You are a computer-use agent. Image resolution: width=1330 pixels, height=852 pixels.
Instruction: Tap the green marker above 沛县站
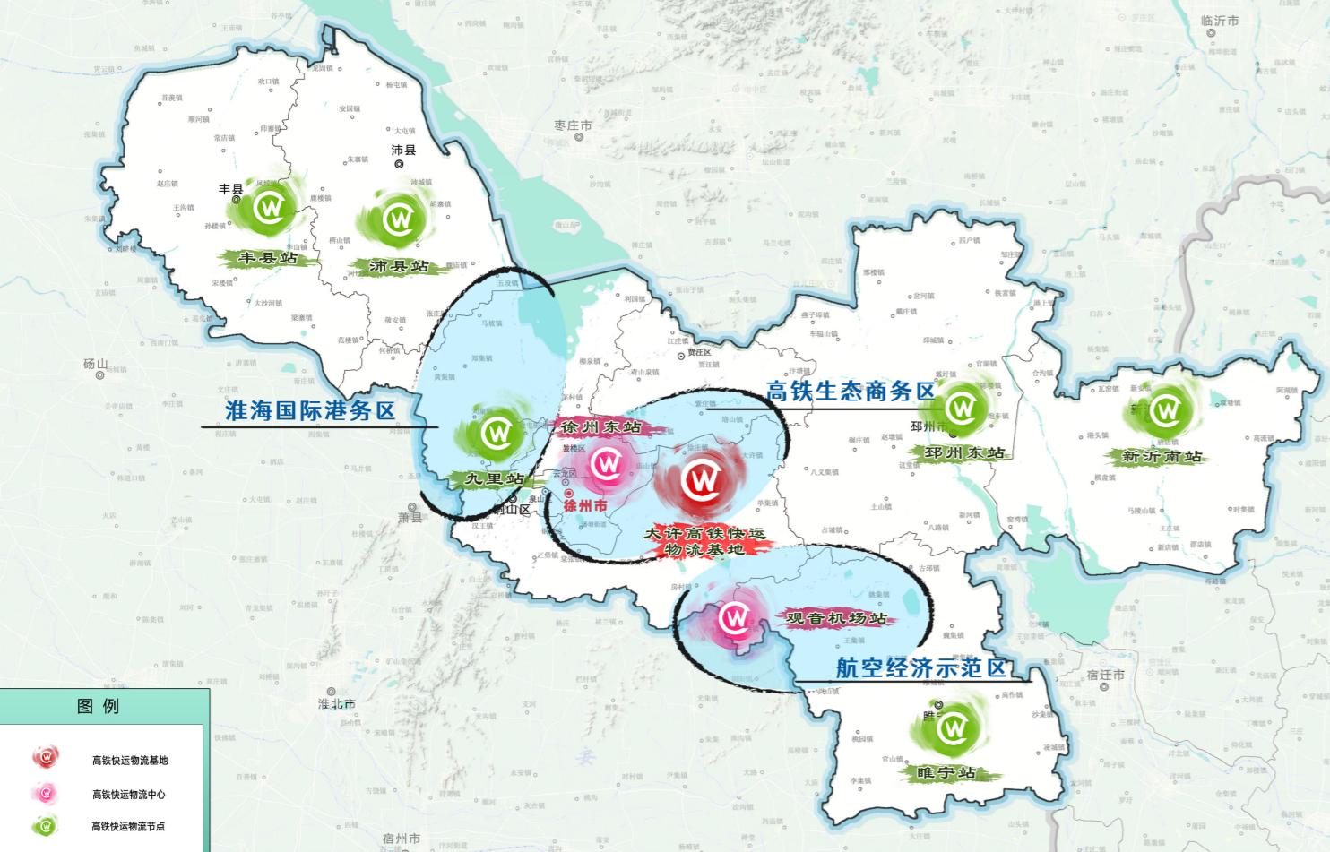point(397,219)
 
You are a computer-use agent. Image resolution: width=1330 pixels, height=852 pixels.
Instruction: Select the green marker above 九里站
point(496,434)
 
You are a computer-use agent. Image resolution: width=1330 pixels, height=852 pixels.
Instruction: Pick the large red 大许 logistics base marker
point(702,482)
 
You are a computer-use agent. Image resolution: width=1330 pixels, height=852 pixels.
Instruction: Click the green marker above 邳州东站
point(963,408)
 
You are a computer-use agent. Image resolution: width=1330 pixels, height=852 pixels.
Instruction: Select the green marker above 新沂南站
point(1165,411)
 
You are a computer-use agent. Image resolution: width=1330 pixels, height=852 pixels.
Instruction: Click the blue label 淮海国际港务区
point(310,411)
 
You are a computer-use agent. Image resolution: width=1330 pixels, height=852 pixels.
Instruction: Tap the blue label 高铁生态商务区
point(850,391)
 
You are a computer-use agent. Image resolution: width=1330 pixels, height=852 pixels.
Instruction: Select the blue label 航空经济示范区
point(920,667)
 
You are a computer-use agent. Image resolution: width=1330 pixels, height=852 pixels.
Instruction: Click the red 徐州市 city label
point(586,506)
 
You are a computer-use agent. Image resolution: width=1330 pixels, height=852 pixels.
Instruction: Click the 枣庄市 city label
point(574,125)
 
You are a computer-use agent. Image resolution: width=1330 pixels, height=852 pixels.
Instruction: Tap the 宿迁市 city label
point(1105,674)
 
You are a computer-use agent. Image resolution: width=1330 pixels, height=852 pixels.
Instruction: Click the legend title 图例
point(99,707)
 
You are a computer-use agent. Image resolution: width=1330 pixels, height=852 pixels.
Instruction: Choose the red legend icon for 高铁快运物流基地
point(47,758)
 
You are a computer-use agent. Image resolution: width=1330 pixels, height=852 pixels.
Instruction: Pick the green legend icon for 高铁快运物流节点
point(47,825)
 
